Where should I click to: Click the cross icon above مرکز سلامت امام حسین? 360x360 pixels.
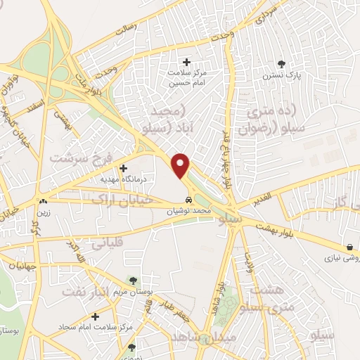coord(186,63)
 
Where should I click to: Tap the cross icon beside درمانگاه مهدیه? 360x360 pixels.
coord(124,168)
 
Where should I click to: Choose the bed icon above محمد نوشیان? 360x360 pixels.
coord(186,200)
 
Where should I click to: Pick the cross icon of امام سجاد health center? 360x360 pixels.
coord(95,317)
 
